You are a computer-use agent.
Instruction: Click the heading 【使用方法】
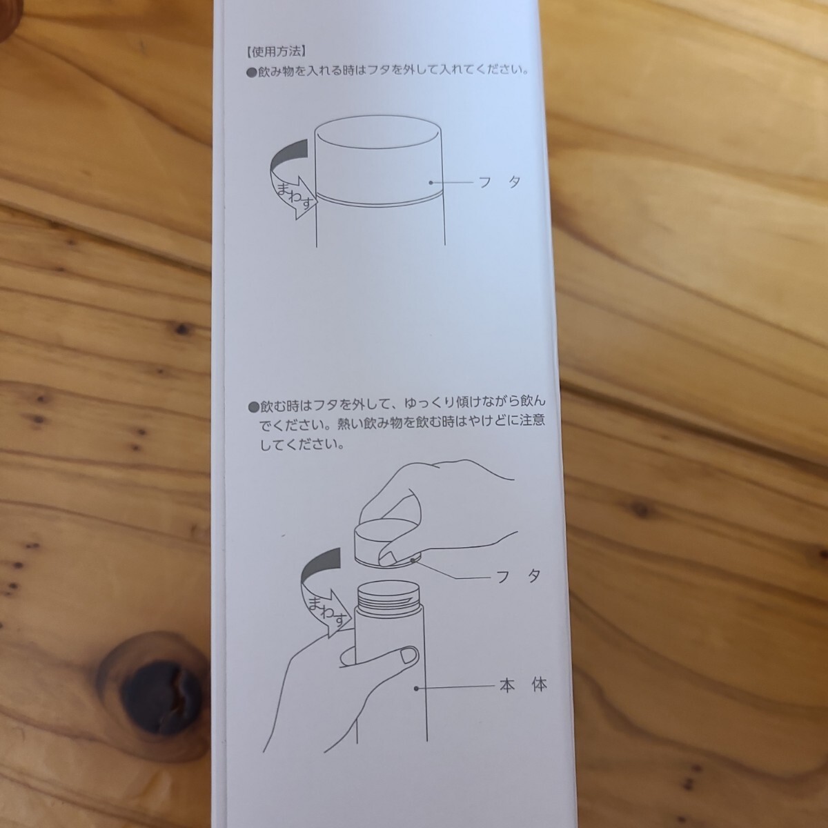(x=276, y=52)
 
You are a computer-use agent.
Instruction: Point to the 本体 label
(x=523, y=684)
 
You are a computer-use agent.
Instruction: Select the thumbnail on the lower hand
(x=408, y=656)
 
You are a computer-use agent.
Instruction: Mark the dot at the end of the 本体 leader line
(x=416, y=689)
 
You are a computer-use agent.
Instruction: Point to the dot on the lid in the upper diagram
(x=431, y=183)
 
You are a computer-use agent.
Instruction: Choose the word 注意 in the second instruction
(x=532, y=420)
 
